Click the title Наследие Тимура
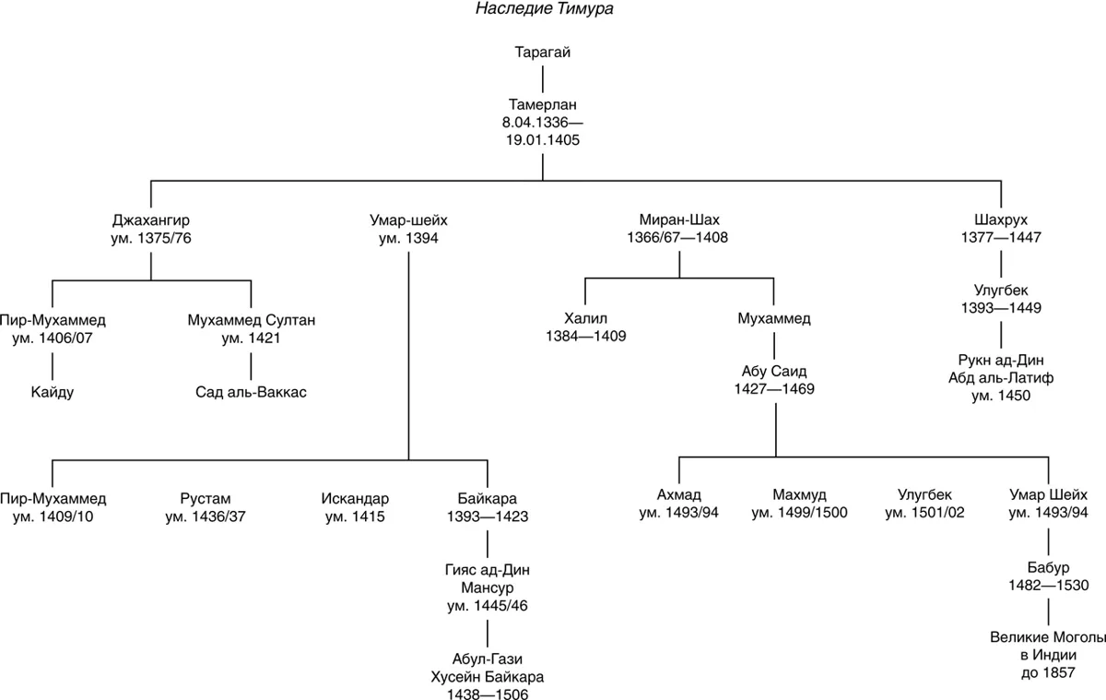544,9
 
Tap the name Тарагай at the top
543,53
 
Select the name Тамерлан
543,105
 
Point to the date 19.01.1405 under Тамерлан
543,140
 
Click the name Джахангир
150,220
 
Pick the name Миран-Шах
679,219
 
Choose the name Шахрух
1001,219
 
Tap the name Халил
585,318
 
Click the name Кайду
53,392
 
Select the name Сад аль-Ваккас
251,392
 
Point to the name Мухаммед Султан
252,320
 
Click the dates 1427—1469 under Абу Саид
774,389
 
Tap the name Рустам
206,498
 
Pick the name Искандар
355,498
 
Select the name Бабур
1048,567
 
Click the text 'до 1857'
1048,673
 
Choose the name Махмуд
799,495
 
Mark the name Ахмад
679,495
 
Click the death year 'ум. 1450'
1001,396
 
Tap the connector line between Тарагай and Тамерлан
543,79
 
